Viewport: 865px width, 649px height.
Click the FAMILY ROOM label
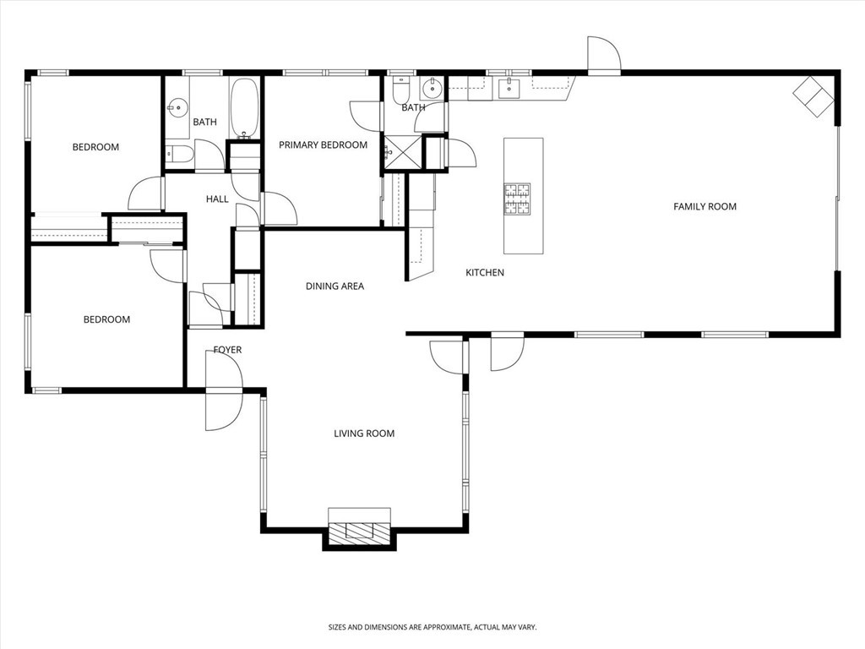click(705, 206)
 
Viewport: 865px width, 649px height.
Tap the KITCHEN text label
click(485, 272)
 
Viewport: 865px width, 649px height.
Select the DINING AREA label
click(335, 286)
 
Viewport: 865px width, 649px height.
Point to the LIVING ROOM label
click(364, 434)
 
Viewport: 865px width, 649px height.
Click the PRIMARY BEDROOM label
click(323, 145)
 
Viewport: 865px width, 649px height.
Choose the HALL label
click(217, 199)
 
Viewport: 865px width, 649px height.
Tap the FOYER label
click(227, 350)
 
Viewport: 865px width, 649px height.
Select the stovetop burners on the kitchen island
click(517, 199)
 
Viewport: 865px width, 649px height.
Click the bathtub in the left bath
click(245, 108)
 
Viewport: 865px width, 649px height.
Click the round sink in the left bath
click(177, 106)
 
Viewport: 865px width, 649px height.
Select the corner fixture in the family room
click(813, 96)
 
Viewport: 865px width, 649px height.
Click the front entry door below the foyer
click(224, 409)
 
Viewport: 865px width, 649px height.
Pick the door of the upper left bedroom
click(146, 194)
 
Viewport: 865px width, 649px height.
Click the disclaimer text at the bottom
click(432, 627)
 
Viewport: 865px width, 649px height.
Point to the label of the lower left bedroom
click(106, 319)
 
